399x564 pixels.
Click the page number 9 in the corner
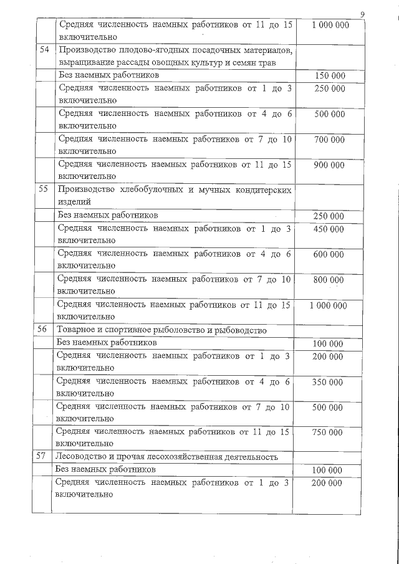pos(363,14)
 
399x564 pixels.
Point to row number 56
pos(42,330)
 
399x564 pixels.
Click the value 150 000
pos(330,76)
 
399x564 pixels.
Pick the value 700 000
pos(329,140)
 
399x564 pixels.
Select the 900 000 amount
pos(329,165)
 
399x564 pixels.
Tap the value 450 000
pos(329,229)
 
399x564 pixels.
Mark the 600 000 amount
pos(329,254)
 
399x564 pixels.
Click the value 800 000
pos(329,280)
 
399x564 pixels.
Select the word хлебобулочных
pos(143,190)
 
